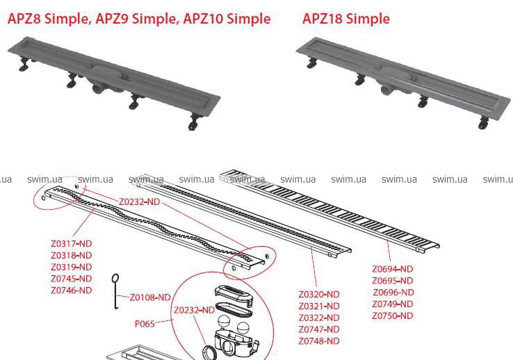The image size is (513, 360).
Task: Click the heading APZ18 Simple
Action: tap(345, 18)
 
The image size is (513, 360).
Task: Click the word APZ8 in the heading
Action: tap(24, 18)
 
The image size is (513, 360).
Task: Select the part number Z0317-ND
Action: tap(72, 244)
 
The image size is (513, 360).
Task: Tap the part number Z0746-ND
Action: tap(72, 291)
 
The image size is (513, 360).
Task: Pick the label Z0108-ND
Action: tap(150, 297)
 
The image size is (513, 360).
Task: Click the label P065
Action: tap(145, 324)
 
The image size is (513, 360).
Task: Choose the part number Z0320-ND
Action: tap(319, 295)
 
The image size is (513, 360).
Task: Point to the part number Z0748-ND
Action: tap(319, 341)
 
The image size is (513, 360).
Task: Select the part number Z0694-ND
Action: tap(393, 269)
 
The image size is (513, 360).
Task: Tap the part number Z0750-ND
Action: tap(393, 316)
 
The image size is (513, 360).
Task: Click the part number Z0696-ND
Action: tap(393, 293)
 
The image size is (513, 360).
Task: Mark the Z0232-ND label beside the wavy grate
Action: tap(140, 202)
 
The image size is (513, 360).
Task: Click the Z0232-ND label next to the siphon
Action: tap(195, 310)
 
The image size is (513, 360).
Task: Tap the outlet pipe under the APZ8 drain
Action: tap(97, 88)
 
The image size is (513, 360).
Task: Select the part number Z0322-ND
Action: tap(319, 318)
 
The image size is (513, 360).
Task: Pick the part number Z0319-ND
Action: tap(72, 267)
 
